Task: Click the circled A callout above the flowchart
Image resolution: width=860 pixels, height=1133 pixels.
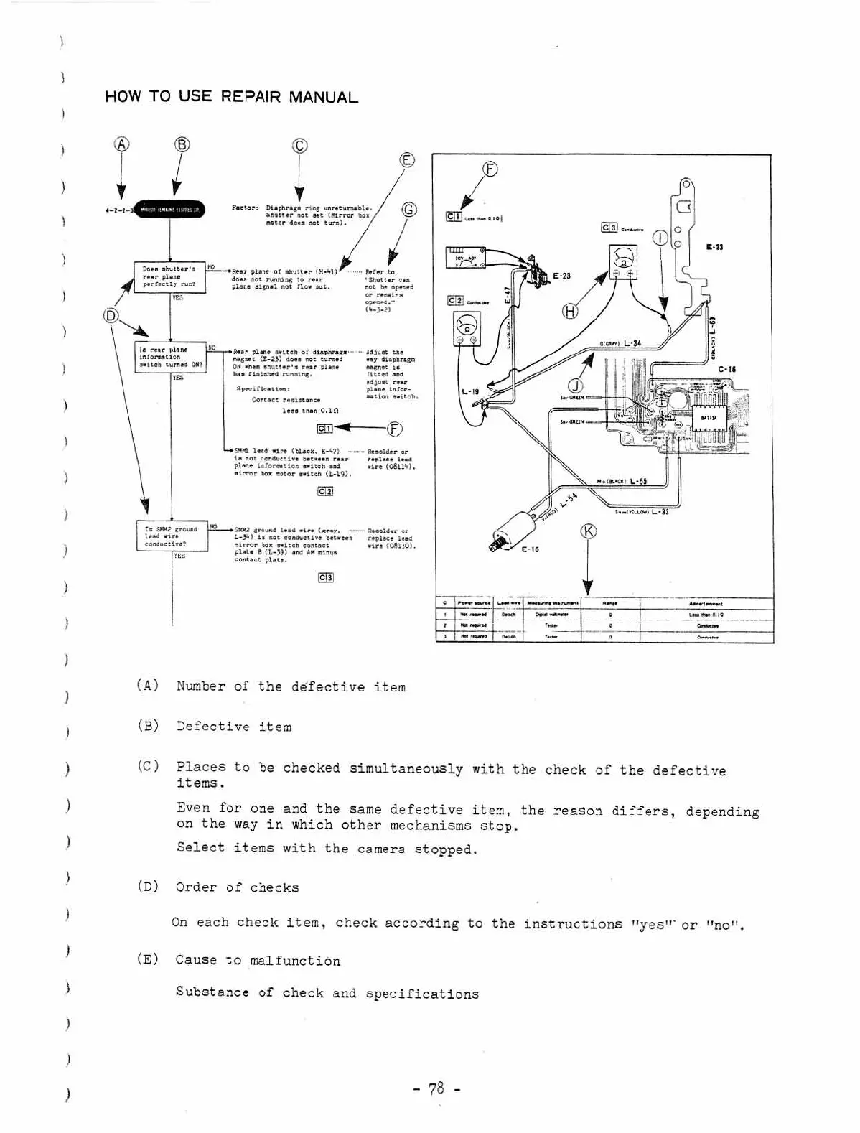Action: (122, 144)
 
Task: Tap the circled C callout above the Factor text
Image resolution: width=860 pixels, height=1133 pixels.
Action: (299, 146)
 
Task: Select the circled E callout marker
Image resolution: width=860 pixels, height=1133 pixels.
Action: (407, 159)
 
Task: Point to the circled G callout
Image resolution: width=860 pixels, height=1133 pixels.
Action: (408, 210)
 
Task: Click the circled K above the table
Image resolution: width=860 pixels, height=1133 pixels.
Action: (589, 531)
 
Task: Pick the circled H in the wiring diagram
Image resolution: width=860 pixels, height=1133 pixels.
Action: (570, 311)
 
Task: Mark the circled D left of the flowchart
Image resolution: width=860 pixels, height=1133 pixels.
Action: (111, 315)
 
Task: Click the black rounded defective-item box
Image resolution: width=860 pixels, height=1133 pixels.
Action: (170, 210)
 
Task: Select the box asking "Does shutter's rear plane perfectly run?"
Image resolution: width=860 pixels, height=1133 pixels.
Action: (169, 277)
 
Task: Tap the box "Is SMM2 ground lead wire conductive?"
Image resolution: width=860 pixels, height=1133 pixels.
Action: (172, 536)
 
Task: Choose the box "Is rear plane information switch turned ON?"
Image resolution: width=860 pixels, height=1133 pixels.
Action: (171, 357)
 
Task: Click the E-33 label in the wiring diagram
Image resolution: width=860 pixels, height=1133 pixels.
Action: (714, 247)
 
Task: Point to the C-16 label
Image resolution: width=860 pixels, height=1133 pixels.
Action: (727, 369)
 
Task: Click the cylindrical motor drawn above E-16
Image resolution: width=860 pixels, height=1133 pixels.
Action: (512, 526)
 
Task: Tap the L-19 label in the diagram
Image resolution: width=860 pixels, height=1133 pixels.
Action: (470, 392)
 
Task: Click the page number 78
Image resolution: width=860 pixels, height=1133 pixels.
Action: (436, 1088)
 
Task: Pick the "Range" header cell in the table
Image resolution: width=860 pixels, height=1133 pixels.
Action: (609, 604)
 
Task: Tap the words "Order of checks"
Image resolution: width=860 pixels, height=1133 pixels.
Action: (237, 887)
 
